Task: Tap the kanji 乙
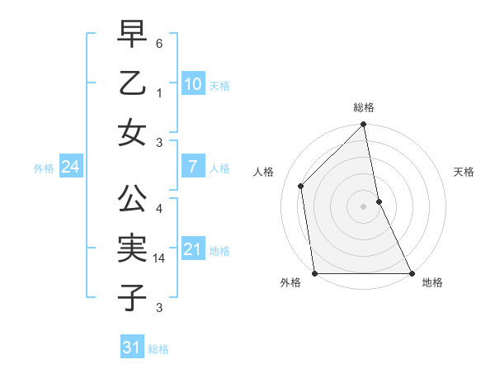click(132, 85)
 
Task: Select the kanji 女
click(132, 133)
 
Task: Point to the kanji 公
click(132, 200)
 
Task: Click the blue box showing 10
click(192, 83)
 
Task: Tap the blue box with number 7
click(192, 167)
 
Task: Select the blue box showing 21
click(192, 248)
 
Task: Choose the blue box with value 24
click(70, 167)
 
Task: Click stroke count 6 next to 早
click(159, 42)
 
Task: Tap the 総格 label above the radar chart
click(363, 107)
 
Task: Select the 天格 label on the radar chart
click(464, 172)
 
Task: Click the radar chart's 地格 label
click(432, 282)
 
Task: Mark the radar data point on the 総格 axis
click(363, 126)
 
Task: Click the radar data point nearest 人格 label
click(301, 186)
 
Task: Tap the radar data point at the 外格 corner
click(314, 273)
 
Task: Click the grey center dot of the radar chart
click(363, 206)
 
